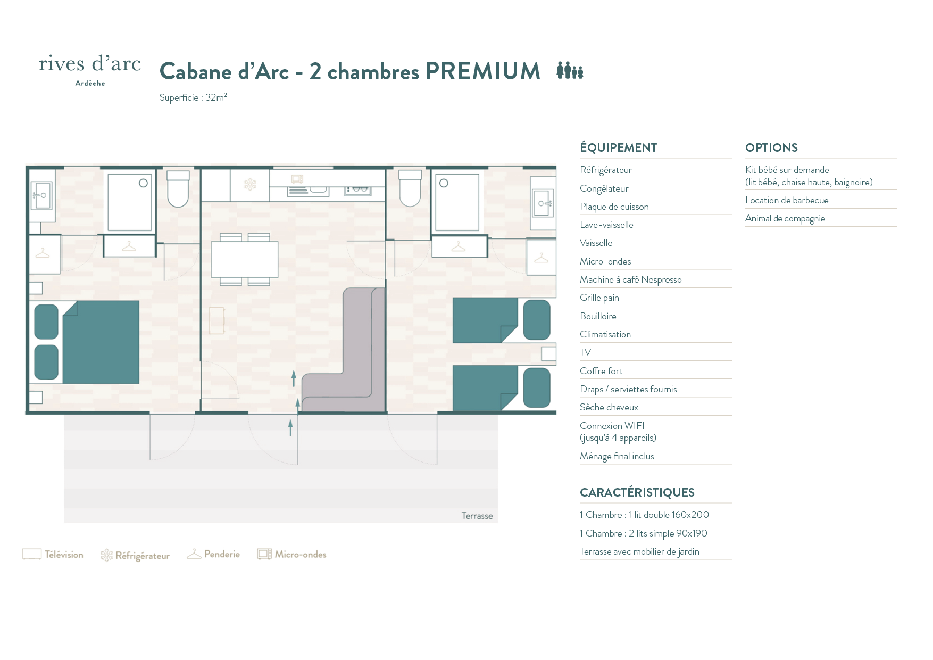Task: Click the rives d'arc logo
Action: pyautogui.click(x=90, y=70)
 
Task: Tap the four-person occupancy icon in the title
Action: pyautogui.click(x=570, y=70)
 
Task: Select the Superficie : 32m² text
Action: pyautogui.click(x=193, y=97)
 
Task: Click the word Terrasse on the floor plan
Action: pyautogui.click(x=477, y=516)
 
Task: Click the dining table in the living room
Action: pyautogui.click(x=245, y=259)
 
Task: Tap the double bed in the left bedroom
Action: pyautogui.click(x=87, y=342)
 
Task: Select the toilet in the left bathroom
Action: pyautogui.click(x=178, y=189)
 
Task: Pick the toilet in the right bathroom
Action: pyautogui.click(x=410, y=188)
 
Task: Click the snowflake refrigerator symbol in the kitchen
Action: pyautogui.click(x=250, y=185)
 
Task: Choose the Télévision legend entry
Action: pyautogui.click(x=53, y=555)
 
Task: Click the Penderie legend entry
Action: pyautogui.click(x=213, y=554)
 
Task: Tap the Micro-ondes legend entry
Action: pyautogui.click(x=291, y=554)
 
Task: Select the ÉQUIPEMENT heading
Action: pyautogui.click(x=618, y=147)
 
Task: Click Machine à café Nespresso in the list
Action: pyautogui.click(x=630, y=279)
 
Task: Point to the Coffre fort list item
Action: pyautogui.click(x=601, y=371)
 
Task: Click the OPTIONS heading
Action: pyautogui.click(x=771, y=147)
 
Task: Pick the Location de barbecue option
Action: pyautogui.click(x=787, y=200)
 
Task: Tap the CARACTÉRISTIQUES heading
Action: pyautogui.click(x=637, y=492)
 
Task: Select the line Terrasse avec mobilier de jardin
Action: pyautogui.click(x=639, y=551)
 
